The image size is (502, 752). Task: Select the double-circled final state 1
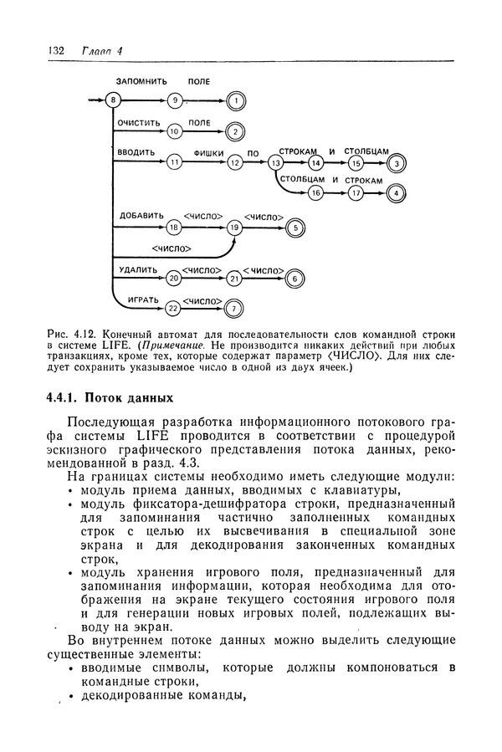[237, 101]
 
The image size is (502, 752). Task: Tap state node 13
[275, 163]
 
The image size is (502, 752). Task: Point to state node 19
[235, 227]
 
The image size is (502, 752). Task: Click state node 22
[174, 308]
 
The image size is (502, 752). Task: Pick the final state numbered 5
[295, 227]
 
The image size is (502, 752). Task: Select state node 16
[315, 192]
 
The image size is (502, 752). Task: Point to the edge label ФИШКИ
[208, 153]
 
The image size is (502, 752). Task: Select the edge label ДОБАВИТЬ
[138, 215]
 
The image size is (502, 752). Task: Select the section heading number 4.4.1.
[62, 396]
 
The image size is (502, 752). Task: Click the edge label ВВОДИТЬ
[136, 153]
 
